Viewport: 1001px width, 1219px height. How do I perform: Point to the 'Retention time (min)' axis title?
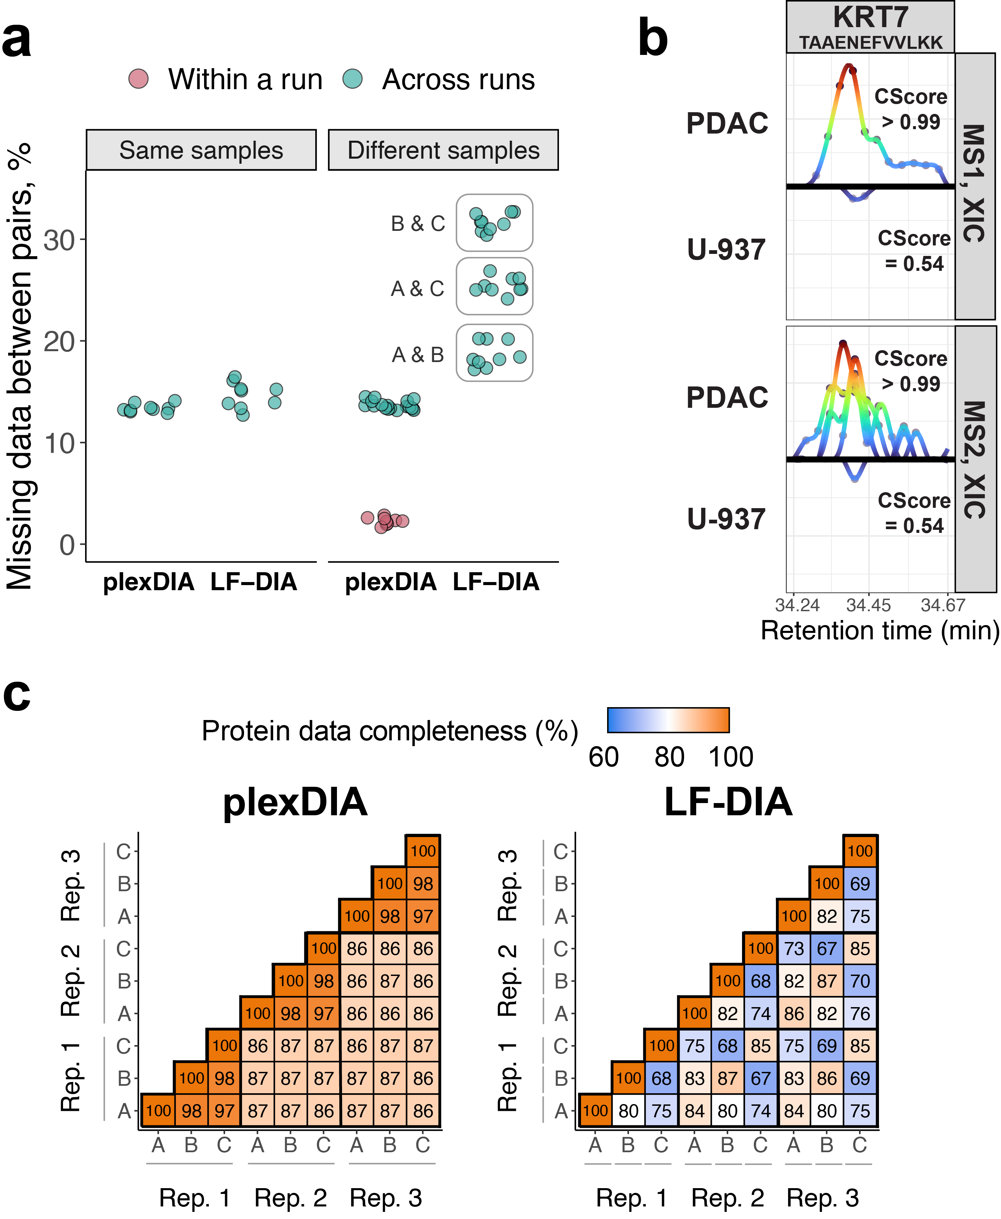pos(879,630)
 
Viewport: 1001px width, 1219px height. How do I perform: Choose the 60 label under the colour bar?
pos(604,757)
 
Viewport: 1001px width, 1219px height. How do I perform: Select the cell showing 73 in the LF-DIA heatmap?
pos(794,948)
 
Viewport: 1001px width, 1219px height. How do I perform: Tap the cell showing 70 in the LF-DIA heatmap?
pos(860,981)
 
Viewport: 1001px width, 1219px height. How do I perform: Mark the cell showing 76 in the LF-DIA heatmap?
pos(860,1013)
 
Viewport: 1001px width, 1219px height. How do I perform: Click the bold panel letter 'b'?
pos(653,38)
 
